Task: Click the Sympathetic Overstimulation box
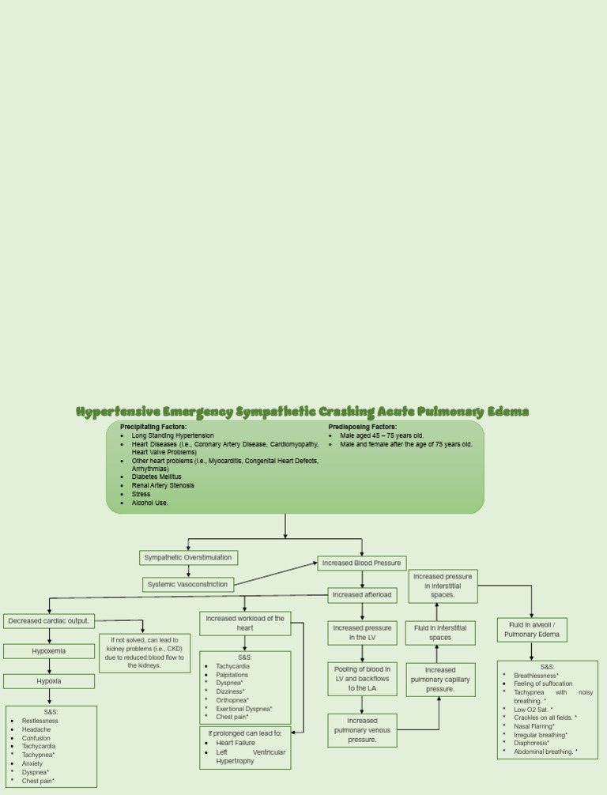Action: coord(188,557)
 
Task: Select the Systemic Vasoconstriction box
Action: coord(188,585)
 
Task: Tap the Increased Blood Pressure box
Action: coord(362,563)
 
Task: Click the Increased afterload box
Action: coord(362,594)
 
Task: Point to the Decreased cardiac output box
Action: coord(49,621)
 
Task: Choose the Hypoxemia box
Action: coord(49,651)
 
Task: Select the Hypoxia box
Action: coord(49,681)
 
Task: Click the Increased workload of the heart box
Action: coord(245,623)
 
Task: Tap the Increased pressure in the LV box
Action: coord(362,632)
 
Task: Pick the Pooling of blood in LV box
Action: coord(362,678)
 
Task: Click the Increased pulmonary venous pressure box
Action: coord(362,730)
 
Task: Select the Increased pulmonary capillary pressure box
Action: coord(440,680)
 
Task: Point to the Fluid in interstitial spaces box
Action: coord(440,632)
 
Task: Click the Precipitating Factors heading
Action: coord(153,427)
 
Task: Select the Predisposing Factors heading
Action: coord(363,427)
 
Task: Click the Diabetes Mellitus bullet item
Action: coord(156,477)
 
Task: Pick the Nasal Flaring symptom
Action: coord(534,725)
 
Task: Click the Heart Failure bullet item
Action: coord(236,743)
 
